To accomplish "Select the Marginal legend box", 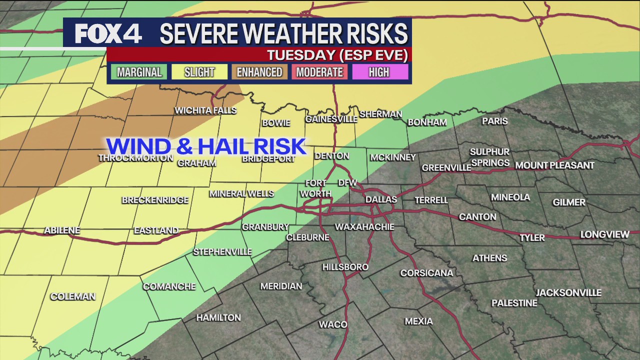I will tap(139, 72).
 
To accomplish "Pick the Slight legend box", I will tap(199, 72).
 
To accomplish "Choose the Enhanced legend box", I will tap(259, 72).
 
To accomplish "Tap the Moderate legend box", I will tap(319, 72).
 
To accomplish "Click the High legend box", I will tap(379, 72).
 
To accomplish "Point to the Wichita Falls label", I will tap(205, 110).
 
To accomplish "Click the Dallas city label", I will tap(381, 199).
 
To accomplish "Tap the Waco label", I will tap(333, 324).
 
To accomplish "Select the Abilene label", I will tap(62, 230).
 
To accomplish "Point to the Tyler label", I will tap(532, 237).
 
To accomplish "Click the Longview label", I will tap(604, 234).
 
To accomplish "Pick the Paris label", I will tap(494, 121).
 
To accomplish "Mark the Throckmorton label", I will tap(135, 158).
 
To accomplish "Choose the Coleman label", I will tap(73, 296).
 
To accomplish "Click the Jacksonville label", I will tap(568, 293).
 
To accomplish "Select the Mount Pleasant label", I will tap(554, 165).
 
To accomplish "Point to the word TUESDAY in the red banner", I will tap(301, 54).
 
